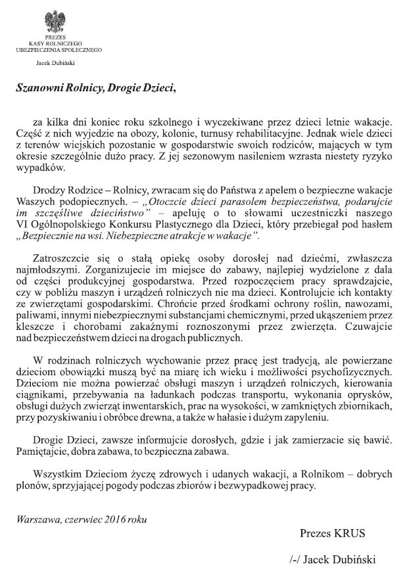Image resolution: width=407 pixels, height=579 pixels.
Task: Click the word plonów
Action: pos(33,486)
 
